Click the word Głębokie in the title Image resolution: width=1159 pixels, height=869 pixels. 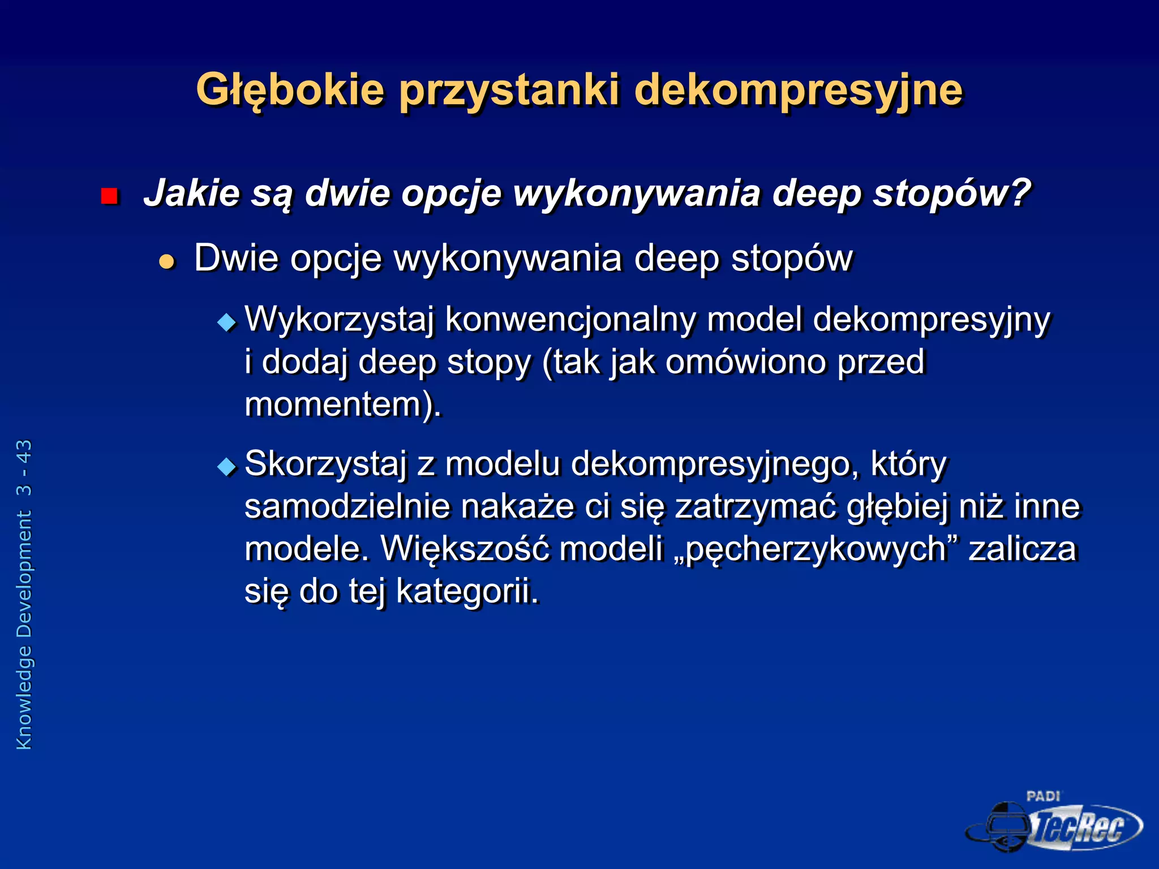[290, 91]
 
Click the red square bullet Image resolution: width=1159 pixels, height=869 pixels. [109, 196]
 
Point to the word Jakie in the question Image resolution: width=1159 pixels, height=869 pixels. [192, 193]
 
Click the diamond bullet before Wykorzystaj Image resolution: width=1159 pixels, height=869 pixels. [227, 322]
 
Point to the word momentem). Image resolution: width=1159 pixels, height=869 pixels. [342, 405]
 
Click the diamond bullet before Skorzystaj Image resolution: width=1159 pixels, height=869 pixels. [227, 467]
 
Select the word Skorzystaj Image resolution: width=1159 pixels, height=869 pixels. [325, 464]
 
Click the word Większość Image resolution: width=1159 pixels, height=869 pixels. [465, 549]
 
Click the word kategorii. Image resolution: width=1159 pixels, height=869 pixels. [467, 591]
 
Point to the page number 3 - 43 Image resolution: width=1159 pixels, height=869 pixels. [24, 468]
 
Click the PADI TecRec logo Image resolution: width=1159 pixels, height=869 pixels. [1054, 823]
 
